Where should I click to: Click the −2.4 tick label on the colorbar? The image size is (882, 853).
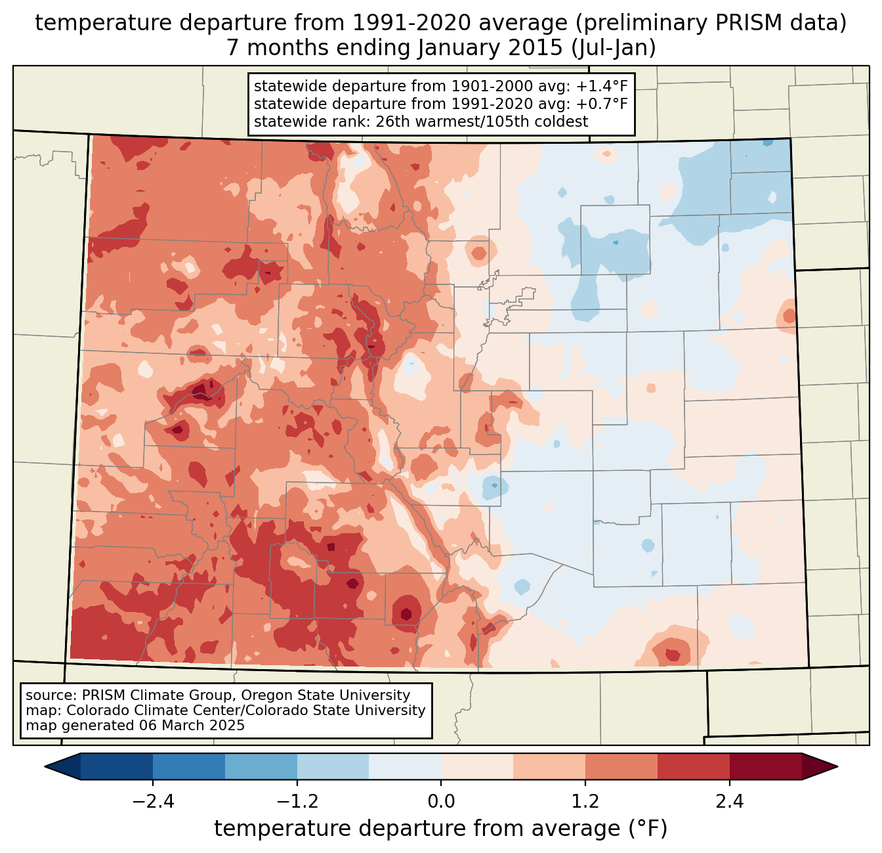click(153, 801)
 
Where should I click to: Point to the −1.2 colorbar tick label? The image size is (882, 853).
click(297, 801)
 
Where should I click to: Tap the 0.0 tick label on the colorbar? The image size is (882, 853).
click(441, 801)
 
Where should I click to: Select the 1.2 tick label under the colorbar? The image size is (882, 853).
click(585, 801)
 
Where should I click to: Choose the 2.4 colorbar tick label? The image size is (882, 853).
click(730, 801)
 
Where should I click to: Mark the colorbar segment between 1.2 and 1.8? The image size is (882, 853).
click(621, 766)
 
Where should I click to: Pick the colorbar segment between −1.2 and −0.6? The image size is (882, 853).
click(333, 766)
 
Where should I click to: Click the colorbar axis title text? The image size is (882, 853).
click(441, 829)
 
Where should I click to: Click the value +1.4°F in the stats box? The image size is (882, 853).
click(606, 87)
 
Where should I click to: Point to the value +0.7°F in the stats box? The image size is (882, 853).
click(606, 104)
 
